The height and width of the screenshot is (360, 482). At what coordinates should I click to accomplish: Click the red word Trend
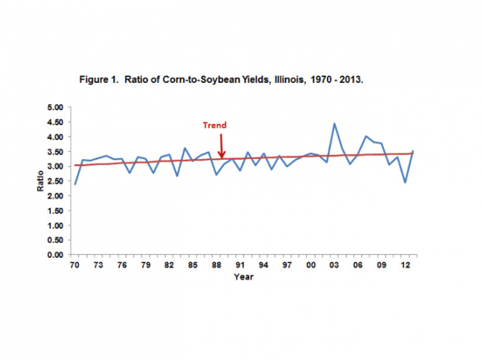(214, 125)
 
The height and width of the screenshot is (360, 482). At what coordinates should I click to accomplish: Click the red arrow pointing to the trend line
(221, 146)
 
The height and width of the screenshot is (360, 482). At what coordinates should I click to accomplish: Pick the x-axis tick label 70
(76, 264)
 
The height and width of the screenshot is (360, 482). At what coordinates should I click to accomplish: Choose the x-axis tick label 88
(216, 264)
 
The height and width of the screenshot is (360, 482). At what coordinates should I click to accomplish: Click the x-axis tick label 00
(311, 264)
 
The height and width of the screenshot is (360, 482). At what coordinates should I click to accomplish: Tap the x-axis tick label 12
(405, 264)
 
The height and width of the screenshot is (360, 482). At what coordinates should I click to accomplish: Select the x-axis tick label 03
(334, 264)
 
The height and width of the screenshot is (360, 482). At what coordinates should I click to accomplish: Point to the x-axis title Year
(243, 276)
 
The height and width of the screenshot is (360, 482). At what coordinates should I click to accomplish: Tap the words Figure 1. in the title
(100, 81)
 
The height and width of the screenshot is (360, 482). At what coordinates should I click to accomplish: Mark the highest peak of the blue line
(334, 124)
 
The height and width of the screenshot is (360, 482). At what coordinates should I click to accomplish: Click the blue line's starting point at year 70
(76, 184)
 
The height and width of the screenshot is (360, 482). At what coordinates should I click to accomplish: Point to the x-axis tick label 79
(146, 264)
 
